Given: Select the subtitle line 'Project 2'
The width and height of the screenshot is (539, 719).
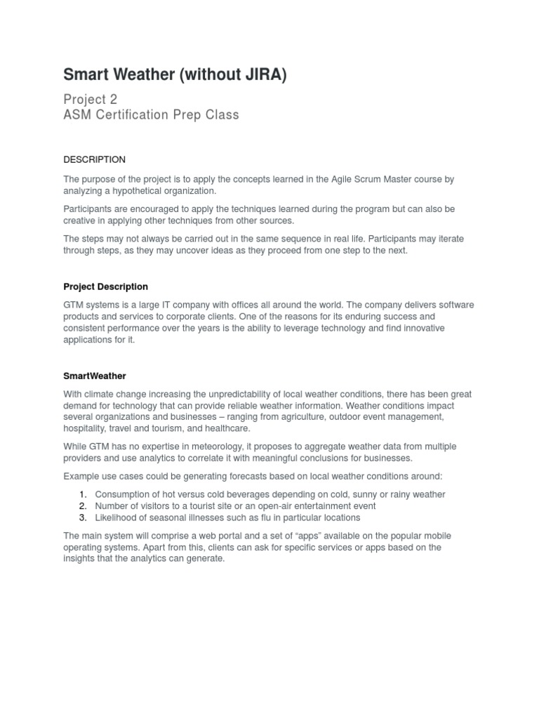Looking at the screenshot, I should point(91,99).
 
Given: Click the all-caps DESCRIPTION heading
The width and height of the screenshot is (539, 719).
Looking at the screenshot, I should point(95,159).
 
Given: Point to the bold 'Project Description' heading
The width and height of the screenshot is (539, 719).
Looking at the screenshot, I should point(105,286).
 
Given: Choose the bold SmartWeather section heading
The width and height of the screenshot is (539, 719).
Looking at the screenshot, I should point(95,376).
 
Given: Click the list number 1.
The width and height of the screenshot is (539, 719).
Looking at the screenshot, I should point(82,494).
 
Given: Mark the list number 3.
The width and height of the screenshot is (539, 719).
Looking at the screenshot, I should point(82,517).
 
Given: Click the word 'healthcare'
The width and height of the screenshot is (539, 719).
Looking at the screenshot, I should point(226,428).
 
